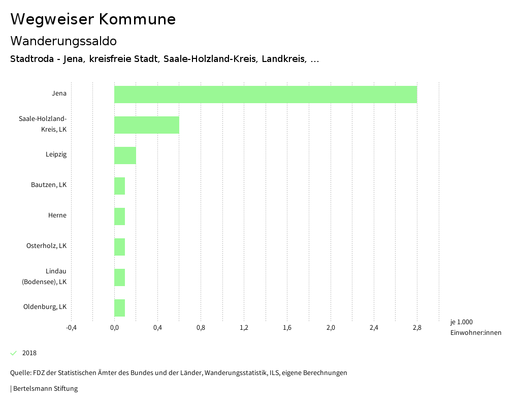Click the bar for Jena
266,95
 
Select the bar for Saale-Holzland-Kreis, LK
147,125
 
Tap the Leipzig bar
125,155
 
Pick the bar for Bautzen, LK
119,186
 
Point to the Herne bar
119,216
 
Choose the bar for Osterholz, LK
119,247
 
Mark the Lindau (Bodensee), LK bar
119,277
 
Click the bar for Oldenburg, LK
119,308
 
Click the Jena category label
59,94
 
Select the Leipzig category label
56,154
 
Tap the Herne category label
57,215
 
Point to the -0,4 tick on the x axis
71,328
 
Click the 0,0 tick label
114,328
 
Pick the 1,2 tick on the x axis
244,328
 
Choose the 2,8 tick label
417,328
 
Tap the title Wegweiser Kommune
93,19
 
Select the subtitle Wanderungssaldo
63,41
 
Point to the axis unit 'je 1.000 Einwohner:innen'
475,327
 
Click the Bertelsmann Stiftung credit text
45,389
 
